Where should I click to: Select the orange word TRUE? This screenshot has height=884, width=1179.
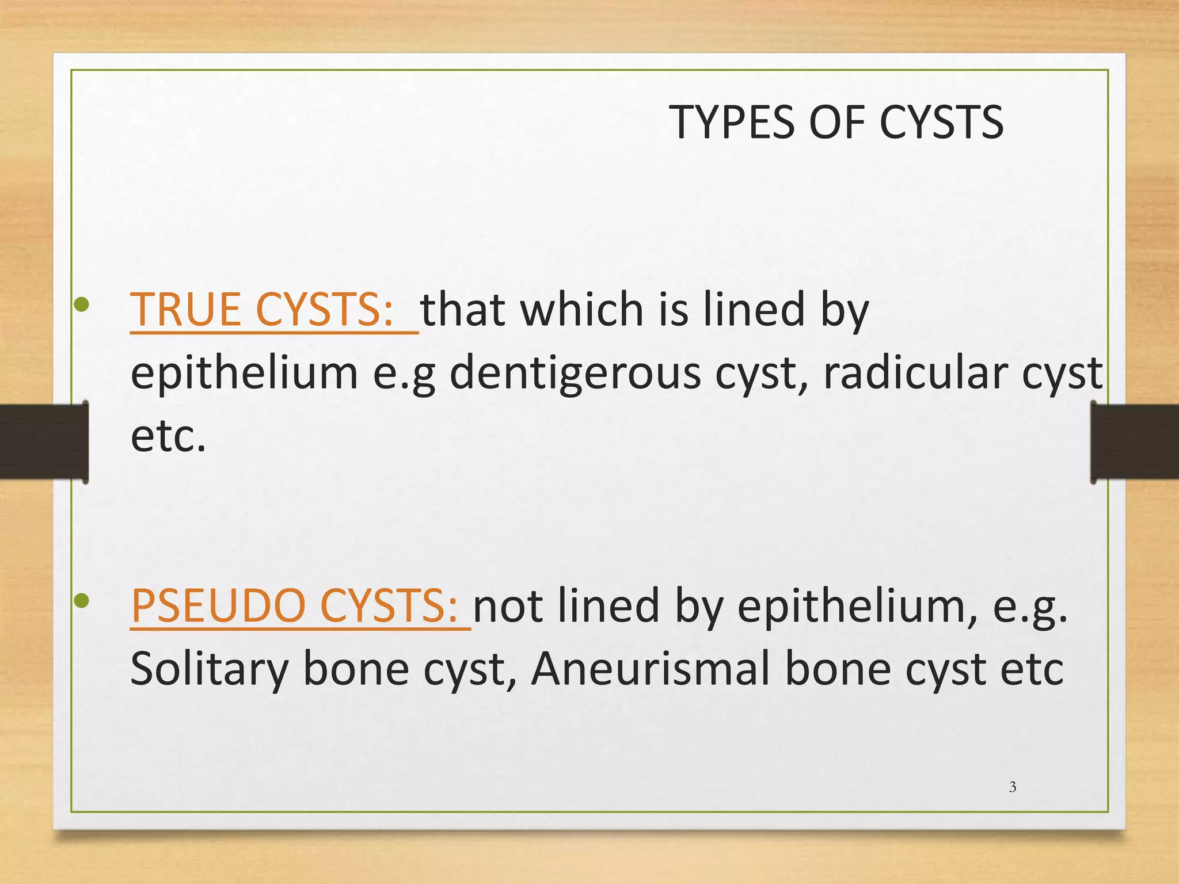pyautogui.click(x=185, y=309)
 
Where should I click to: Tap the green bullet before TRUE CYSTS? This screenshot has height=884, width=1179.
pyautogui.click(x=82, y=304)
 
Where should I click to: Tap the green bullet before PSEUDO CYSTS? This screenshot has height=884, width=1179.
pyautogui.click(x=82, y=601)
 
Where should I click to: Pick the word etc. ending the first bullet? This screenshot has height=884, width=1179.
pyautogui.click(x=168, y=436)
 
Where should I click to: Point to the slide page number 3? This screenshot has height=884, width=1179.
pyautogui.click(x=1013, y=787)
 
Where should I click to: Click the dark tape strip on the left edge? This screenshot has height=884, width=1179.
pyautogui.click(x=44, y=441)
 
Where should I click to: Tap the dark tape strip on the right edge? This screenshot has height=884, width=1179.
pyautogui.click(x=1134, y=441)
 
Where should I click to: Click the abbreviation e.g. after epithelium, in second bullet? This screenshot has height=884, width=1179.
pyautogui.click(x=1030, y=607)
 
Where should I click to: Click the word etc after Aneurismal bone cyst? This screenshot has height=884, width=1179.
pyautogui.click(x=1032, y=669)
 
